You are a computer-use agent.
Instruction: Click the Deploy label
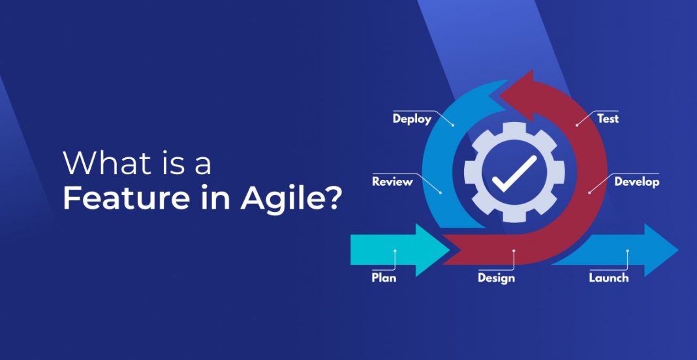412,119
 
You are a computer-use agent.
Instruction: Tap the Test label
608,119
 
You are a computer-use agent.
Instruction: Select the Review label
392,182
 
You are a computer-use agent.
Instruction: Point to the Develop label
636,182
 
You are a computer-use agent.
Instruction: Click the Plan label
384,277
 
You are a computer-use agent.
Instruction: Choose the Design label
496,278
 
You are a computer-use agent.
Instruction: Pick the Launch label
609,277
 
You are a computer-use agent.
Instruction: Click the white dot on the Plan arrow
395,250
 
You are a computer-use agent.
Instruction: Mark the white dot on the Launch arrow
627,250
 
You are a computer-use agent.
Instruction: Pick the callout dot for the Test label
577,125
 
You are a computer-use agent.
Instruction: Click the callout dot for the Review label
441,192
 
